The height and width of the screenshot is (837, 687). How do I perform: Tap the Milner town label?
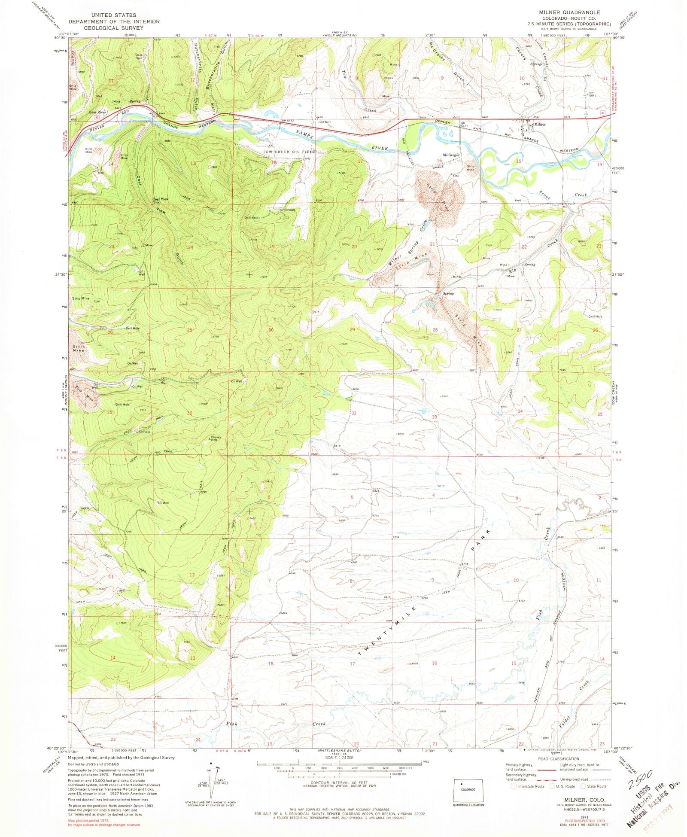[x=540, y=125]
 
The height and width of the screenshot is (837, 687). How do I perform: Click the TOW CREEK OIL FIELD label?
[x=289, y=152]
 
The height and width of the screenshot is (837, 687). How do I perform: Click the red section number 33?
[x=434, y=417]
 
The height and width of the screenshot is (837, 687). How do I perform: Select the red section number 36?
[x=189, y=413]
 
